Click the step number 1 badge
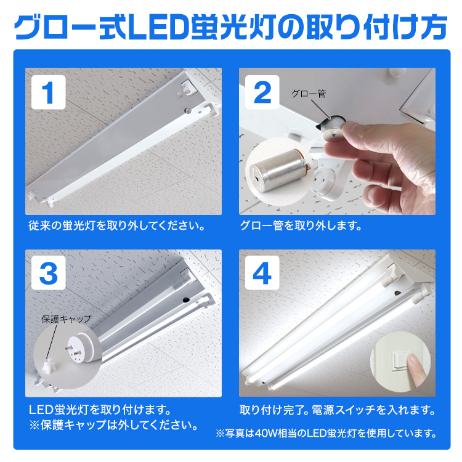(48, 92)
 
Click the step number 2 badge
(262, 92)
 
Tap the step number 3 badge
(48, 273)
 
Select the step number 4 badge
(262, 273)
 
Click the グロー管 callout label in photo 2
(309, 94)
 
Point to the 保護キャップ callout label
(67, 319)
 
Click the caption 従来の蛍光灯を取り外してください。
(117, 225)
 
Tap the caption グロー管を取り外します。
(301, 225)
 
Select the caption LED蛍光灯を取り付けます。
(100, 410)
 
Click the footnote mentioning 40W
(326, 433)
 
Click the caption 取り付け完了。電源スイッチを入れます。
(338, 410)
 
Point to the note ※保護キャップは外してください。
(113, 425)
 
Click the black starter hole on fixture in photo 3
(186, 299)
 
